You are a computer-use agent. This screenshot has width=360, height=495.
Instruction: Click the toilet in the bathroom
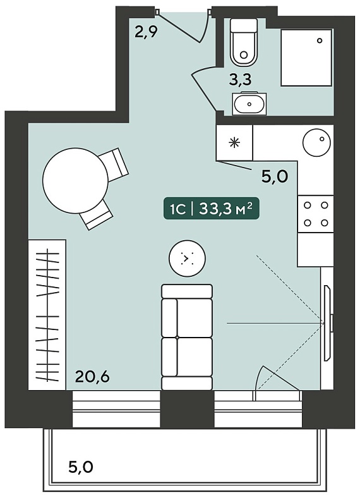[243, 42]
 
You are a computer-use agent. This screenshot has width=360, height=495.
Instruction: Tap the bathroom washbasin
[249, 104]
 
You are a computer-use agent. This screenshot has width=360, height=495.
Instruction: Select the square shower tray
[306, 58]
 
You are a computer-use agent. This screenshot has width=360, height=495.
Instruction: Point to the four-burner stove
[316, 214]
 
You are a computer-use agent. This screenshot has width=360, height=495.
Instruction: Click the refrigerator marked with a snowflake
[234, 143]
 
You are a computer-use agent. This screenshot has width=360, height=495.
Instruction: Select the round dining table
[76, 181]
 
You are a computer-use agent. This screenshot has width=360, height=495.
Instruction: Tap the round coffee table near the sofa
[187, 259]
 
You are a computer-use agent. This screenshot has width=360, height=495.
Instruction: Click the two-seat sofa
[187, 337]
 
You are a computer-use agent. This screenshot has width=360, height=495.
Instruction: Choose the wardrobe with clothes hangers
[47, 315]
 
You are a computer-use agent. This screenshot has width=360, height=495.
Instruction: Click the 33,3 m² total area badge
[211, 208]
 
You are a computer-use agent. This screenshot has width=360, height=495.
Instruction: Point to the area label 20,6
[92, 376]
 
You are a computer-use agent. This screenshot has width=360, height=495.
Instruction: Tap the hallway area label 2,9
[146, 32]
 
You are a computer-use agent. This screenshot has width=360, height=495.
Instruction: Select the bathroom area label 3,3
[241, 80]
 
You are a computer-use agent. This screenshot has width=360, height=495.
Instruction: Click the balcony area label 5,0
[81, 467]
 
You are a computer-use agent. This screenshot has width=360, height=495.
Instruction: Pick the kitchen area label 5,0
[275, 177]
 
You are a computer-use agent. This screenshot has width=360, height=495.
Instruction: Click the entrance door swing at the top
[184, 26]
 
